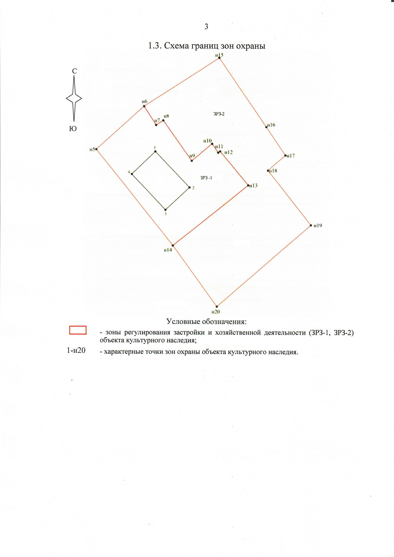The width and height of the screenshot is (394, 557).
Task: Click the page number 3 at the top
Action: pos(206,27)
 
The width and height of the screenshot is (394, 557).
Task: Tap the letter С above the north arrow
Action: pos(74,71)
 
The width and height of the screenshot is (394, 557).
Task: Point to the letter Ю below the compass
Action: pos(73,128)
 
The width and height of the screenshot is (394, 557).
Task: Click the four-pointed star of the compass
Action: pos(74,99)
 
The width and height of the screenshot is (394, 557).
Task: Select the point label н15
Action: pos(219,55)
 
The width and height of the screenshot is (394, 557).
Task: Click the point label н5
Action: pos(92,149)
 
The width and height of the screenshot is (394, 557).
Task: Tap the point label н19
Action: pos(318,226)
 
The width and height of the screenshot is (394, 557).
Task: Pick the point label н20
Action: pos(215,312)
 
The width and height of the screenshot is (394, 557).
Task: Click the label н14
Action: pos(168,250)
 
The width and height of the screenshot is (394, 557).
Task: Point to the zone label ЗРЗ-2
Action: pos(219,114)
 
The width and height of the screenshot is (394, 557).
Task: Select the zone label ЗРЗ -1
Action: pos(206,178)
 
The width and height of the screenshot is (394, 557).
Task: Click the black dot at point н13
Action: pos(248,185)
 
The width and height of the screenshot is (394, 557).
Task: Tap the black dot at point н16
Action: pos(266,127)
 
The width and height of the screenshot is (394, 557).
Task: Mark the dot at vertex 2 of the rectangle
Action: pos(189,188)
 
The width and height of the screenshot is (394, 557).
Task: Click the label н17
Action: pos(291,156)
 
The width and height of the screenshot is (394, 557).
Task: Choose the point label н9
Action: pos(192,156)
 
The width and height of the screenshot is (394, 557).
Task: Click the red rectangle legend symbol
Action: pos(78,330)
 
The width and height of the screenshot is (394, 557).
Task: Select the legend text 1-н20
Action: pos(76,350)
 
